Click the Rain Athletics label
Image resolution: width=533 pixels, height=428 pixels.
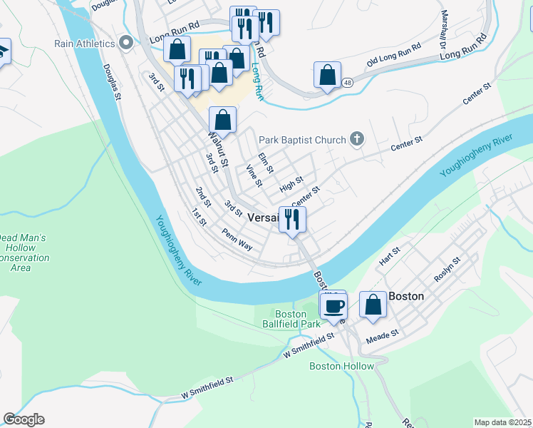coord(85,44)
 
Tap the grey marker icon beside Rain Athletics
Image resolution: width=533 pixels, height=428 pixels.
coord(127,43)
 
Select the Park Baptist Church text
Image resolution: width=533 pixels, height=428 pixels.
coord(302,140)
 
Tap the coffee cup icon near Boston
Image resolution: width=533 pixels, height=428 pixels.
coord(334,305)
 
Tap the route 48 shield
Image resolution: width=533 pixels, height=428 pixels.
coord(347,83)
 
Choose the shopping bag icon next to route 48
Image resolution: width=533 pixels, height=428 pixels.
coord(327,75)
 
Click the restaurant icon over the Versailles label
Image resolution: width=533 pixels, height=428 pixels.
coord(292,219)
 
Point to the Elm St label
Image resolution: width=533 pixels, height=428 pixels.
coord(265,162)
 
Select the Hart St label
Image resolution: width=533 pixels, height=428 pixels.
coord(390,257)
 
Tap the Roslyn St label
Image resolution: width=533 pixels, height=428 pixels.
coord(447,270)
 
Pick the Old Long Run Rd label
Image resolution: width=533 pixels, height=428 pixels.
coord(394,59)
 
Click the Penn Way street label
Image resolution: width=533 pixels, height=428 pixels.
coord(237,239)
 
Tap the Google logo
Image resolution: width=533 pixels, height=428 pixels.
coord(24,419)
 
